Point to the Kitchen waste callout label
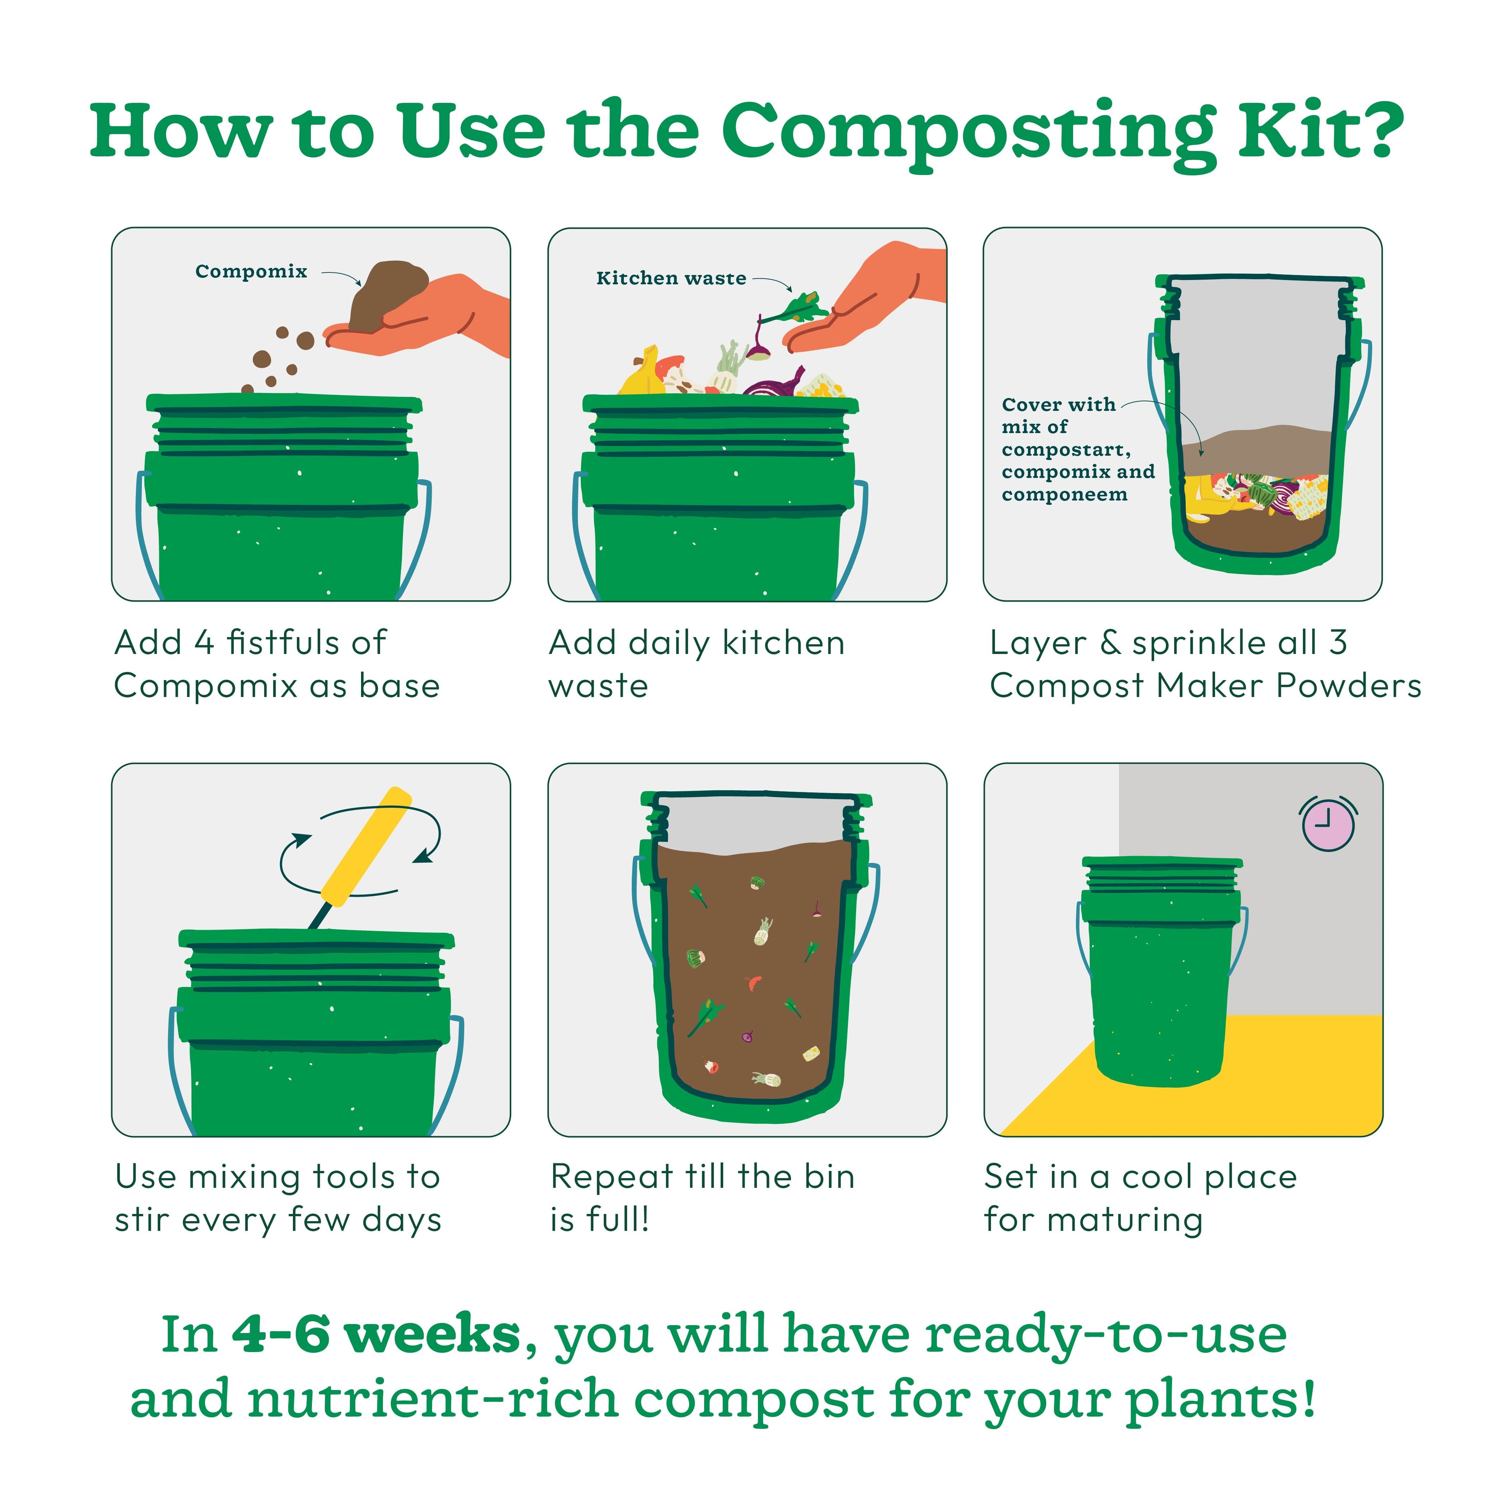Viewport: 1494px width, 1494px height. pos(670,279)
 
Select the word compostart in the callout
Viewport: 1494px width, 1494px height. pos(1066,450)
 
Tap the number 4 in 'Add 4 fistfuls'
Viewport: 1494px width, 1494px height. pos(203,643)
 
